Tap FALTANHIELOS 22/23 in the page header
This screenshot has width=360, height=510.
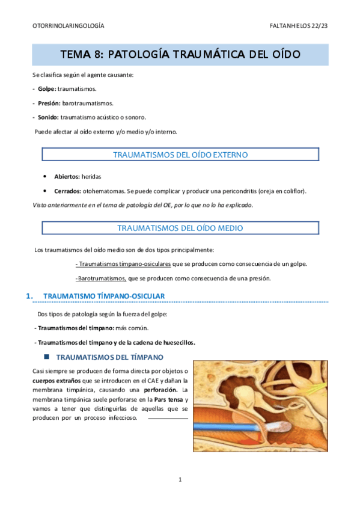click(299, 26)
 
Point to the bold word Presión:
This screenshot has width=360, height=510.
click(49, 103)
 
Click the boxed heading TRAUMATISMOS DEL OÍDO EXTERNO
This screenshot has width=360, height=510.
click(180, 155)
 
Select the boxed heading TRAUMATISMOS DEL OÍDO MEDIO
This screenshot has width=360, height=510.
click(180, 228)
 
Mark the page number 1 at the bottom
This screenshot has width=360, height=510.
click(180, 479)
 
